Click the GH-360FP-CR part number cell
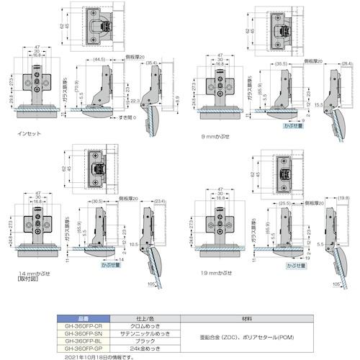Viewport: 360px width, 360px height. pyautogui.click(x=81, y=325)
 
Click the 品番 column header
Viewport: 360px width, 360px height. pyautogui.click(x=81, y=318)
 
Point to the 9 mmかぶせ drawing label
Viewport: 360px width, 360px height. pyautogui.click(x=218, y=134)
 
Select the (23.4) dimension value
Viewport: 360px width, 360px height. pyautogui.click(x=159, y=200)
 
